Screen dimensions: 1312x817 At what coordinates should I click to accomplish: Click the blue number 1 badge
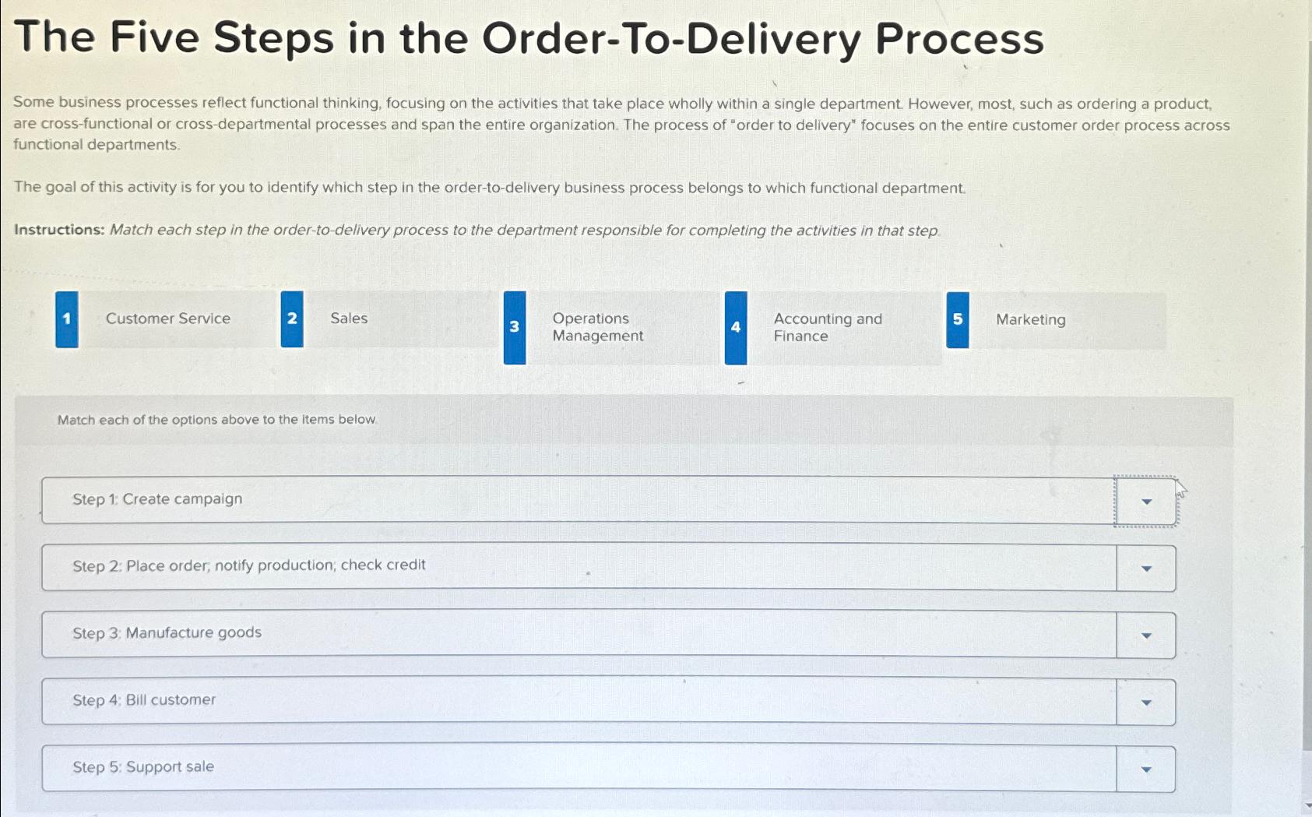(67, 319)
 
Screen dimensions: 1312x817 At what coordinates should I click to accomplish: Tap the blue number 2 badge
(292, 319)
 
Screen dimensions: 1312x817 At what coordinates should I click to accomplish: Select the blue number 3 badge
(515, 328)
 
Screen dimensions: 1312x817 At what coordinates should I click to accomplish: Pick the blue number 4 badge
(736, 328)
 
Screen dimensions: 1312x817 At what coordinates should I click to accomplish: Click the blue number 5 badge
(958, 320)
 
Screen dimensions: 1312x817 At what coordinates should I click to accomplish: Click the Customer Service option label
(168, 319)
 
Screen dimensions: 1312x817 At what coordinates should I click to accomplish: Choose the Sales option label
(349, 319)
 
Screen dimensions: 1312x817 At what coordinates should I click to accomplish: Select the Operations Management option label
(598, 327)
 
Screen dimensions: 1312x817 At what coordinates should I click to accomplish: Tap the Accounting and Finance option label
(828, 328)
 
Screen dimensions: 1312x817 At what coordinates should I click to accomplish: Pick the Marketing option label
(1031, 320)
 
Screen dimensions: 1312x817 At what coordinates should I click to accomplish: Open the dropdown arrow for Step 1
(1146, 502)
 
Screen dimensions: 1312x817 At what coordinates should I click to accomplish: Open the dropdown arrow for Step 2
(1146, 569)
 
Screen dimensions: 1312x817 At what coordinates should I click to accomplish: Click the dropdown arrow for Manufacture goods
(1146, 636)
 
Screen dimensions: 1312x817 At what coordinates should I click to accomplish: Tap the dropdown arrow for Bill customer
(1146, 703)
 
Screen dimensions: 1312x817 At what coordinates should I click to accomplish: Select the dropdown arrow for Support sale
(1146, 769)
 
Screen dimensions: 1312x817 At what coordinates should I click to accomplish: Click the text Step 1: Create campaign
(157, 499)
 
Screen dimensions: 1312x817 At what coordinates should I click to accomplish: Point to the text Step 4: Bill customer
(144, 700)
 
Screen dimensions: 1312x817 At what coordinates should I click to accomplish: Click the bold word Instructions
(59, 230)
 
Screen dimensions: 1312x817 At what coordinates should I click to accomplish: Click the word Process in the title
(959, 38)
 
